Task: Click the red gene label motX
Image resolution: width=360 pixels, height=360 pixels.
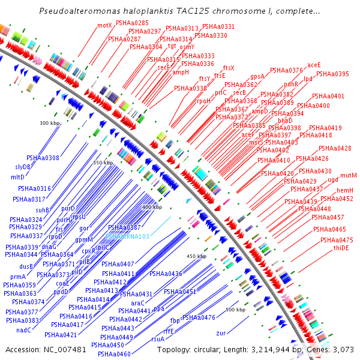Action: (105, 25)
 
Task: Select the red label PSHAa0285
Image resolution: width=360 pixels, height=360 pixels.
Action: (132, 23)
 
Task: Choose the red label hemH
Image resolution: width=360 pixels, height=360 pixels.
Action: (345, 190)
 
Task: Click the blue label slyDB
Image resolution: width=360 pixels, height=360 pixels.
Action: (24, 167)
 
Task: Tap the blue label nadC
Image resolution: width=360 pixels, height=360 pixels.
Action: (24, 330)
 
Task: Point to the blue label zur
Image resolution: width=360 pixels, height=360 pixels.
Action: (221, 332)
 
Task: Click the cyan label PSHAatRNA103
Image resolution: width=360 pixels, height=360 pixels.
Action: (127, 236)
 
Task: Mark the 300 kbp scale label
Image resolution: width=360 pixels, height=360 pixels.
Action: (50, 123)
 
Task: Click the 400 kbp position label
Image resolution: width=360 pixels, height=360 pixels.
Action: (152, 206)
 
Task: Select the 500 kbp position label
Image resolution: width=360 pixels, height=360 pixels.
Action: (235, 310)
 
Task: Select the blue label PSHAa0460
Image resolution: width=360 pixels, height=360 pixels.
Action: (115, 354)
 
